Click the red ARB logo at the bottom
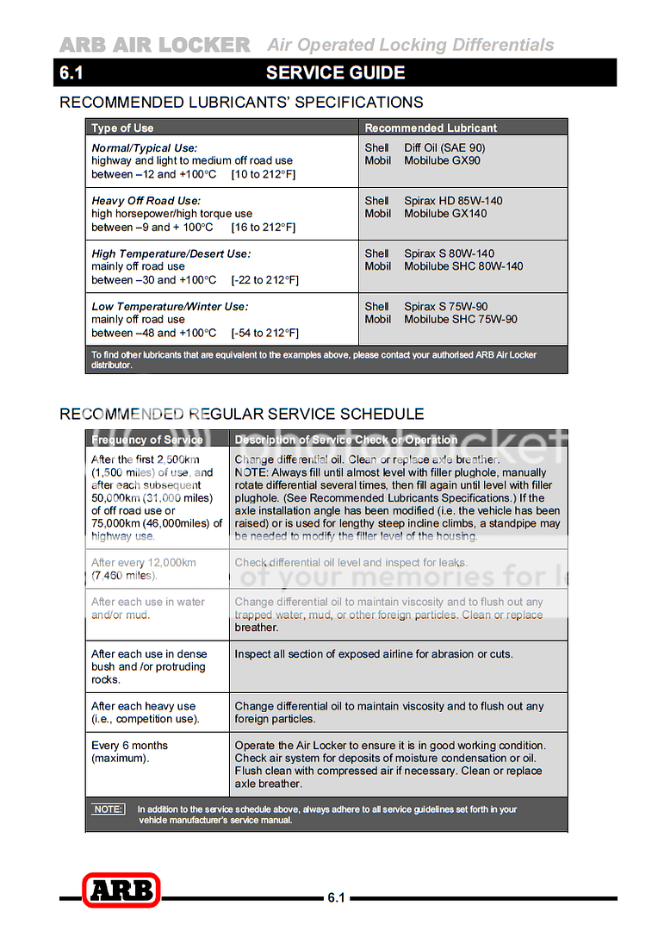point(121,890)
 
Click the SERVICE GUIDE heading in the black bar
point(336,73)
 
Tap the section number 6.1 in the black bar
point(71,73)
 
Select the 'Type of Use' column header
point(122,128)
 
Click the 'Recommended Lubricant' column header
point(431,128)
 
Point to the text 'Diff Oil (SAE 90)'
point(444,147)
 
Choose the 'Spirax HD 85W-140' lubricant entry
point(453,201)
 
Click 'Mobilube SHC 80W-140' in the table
point(463,266)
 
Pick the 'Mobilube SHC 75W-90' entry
point(461,319)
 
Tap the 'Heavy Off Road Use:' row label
point(146,201)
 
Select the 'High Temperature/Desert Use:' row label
point(171,253)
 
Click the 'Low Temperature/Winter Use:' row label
point(170,306)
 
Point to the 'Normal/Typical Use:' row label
point(145,147)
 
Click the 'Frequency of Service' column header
point(147,440)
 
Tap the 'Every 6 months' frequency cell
point(130,746)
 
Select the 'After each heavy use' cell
point(143,706)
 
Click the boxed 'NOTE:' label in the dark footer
point(109,809)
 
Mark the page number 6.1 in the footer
point(337,898)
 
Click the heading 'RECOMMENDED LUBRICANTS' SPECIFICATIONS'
point(241,103)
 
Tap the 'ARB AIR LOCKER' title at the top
point(155,45)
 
